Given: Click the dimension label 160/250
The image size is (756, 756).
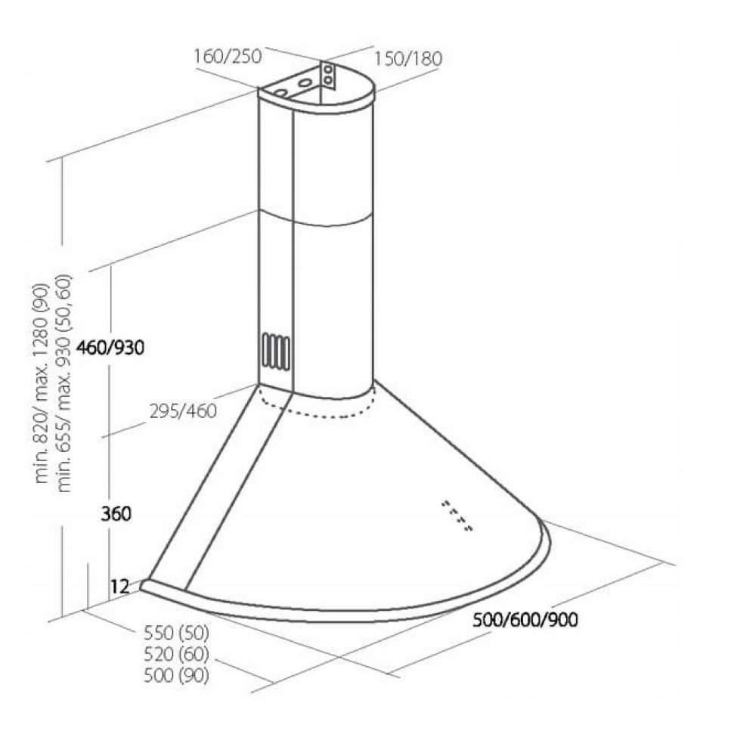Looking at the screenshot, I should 227,56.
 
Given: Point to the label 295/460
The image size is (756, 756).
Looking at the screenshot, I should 182,411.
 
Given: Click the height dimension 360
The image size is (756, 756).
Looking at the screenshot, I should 116,514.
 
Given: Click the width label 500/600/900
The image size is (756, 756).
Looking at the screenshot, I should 525,621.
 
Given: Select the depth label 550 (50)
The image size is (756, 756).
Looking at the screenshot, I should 176,633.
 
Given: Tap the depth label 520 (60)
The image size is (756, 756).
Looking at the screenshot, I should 176,654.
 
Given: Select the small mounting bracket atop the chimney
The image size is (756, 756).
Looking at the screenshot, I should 329,73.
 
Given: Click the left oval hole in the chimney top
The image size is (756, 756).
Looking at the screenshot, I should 281,93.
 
